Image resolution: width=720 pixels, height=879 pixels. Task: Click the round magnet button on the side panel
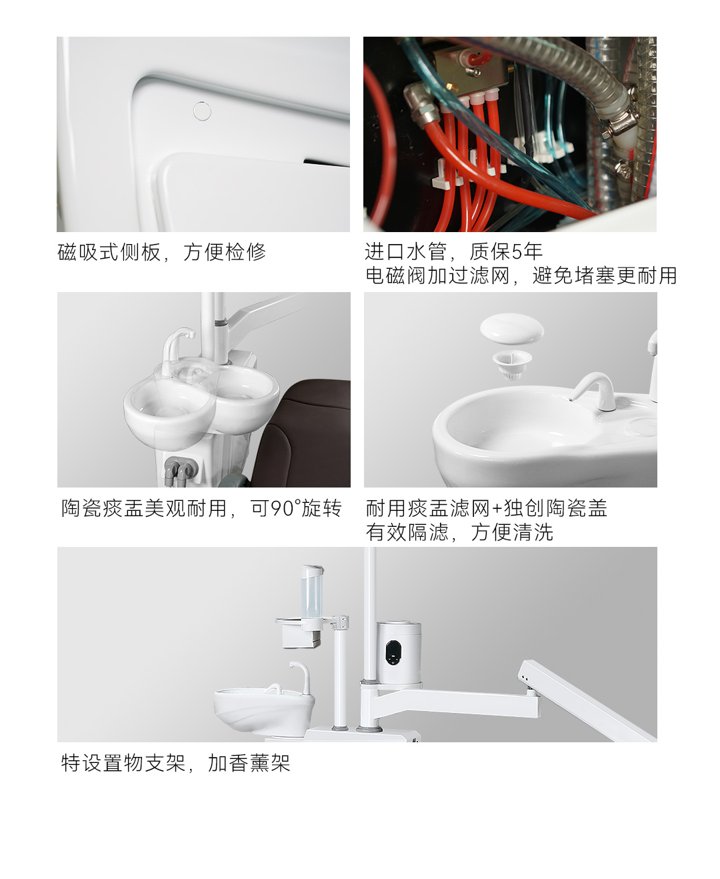point(202,111)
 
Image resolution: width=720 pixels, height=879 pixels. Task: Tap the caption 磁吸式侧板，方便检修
point(161,252)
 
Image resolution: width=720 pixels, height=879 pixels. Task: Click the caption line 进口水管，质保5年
point(454,251)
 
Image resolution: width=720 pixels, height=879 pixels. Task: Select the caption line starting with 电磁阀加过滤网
point(521,275)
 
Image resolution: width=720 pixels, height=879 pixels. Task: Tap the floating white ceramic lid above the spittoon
point(512,328)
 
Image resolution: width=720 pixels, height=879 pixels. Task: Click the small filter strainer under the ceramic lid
point(512,364)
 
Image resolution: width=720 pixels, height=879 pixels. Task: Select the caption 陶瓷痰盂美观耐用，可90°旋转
point(201,508)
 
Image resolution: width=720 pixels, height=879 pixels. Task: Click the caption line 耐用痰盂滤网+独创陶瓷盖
point(486,508)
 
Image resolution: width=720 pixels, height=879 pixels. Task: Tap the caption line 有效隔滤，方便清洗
point(459,532)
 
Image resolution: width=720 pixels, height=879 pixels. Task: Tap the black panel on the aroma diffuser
point(393,652)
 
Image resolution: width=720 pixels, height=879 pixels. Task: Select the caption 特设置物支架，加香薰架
point(176,763)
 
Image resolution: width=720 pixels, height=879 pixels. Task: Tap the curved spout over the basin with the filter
point(590,391)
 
